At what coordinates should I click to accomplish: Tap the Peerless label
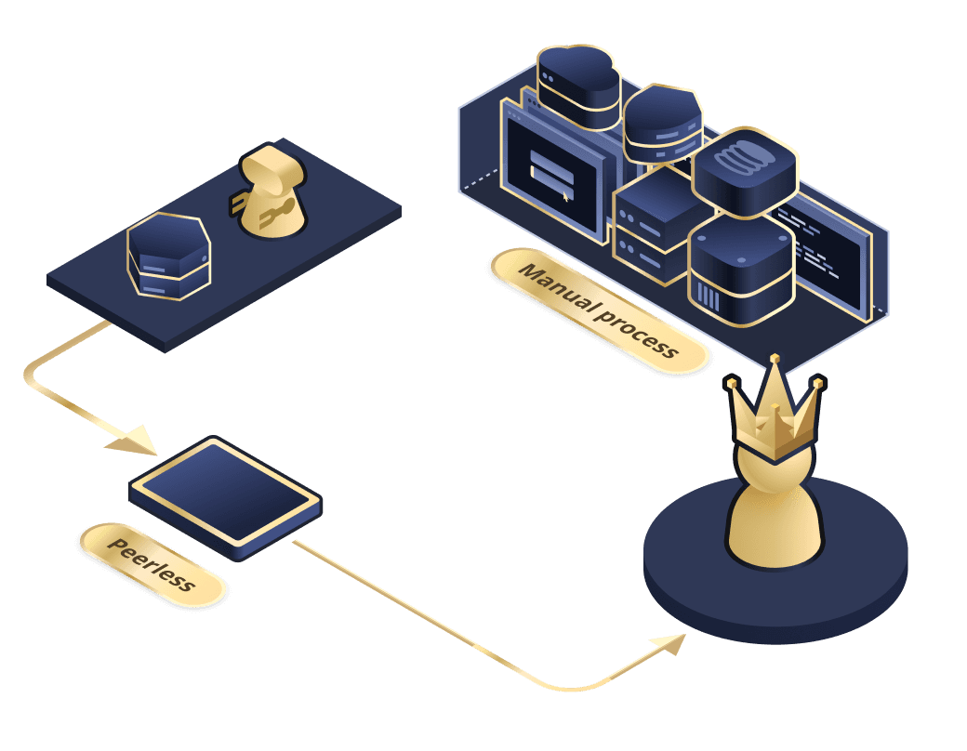click(x=152, y=564)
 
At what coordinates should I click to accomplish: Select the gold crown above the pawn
click(x=775, y=414)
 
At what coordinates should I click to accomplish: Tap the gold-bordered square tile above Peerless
click(x=225, y=494)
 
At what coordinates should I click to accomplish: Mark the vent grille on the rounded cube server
click(x=709, y=298)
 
